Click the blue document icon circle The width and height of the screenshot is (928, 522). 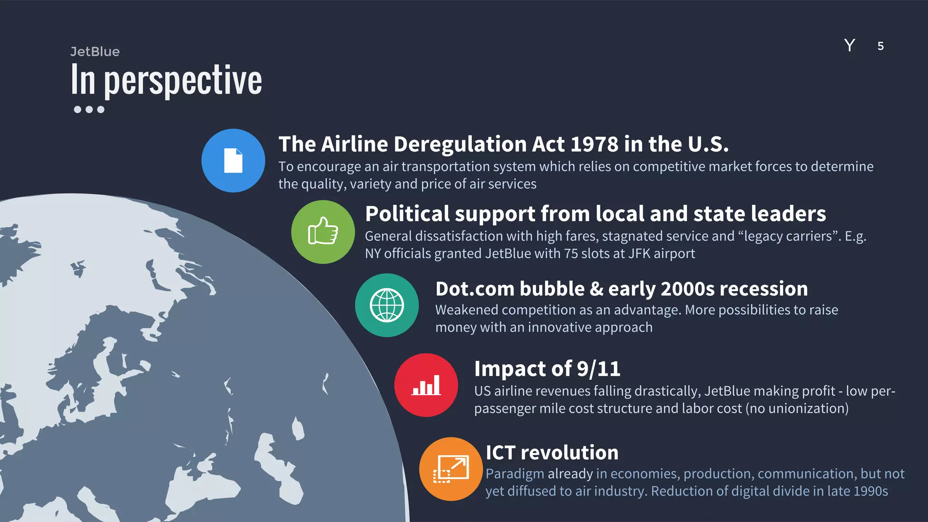point(233,160)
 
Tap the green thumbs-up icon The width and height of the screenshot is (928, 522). point(323,232)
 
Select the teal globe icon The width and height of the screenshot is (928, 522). point(387,305)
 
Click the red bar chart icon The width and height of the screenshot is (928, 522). point(426,385)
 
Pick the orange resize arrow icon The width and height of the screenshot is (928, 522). point(451,469)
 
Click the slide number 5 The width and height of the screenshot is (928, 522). point(880,46)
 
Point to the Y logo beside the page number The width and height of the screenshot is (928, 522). point(850,45)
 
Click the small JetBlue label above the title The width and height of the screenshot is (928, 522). point(95,52)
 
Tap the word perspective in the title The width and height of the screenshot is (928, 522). point(183,81)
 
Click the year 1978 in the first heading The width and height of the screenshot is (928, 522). point(594,145)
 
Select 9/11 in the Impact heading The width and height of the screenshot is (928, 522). point(598,369)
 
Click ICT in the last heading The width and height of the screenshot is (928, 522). point(500,453)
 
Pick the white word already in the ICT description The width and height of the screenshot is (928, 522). point(570,474)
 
